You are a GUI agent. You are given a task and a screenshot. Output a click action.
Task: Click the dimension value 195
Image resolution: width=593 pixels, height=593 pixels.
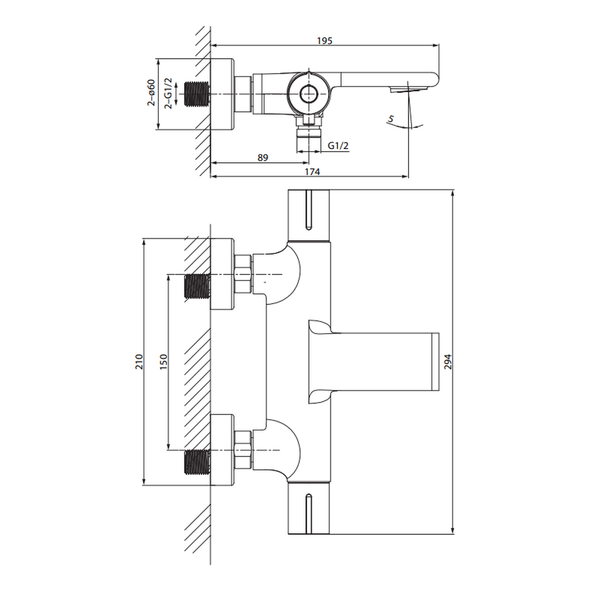324,40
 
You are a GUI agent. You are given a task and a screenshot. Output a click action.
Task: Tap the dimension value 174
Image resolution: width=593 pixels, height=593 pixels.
313,172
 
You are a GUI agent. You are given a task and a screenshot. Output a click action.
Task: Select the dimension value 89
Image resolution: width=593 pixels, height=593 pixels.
263,157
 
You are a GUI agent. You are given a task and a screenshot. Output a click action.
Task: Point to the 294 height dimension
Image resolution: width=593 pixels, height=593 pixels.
448,362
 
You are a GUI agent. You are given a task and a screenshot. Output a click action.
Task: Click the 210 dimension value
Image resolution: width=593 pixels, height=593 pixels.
139,362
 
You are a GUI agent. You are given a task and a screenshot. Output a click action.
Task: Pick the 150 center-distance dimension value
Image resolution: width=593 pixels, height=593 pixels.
164,362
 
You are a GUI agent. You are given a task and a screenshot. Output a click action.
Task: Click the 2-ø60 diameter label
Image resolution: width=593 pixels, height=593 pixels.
151,93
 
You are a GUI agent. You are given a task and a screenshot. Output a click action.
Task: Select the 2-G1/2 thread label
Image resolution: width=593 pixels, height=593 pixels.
168,94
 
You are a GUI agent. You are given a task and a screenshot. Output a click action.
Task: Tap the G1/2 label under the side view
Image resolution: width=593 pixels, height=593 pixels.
338,145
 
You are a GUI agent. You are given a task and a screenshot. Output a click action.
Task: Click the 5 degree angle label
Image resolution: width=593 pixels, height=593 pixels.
391,119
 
